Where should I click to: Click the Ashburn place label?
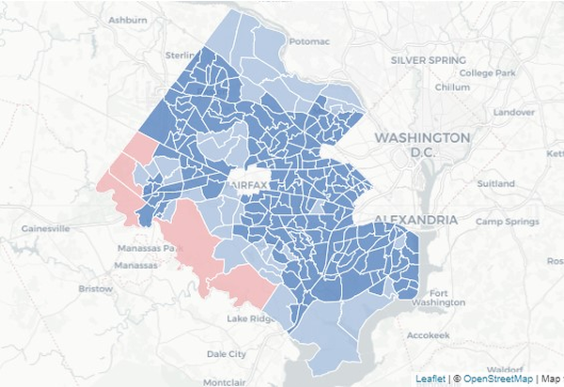coord(128,20)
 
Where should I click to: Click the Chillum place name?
coord(452,87)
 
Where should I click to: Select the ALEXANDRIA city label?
coord(415,220)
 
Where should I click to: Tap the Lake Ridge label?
coord(250,319)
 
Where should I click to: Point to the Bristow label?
coord(95,288)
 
